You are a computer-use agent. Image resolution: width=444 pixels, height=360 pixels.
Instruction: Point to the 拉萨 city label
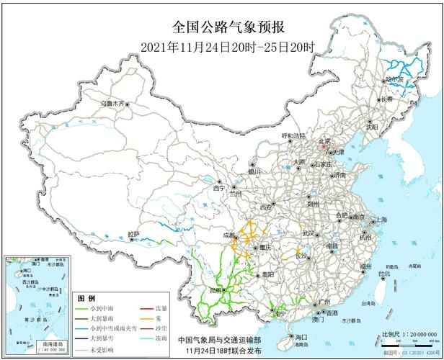pos(134,235)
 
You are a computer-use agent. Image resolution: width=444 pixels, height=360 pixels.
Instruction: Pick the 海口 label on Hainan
pos(301,338)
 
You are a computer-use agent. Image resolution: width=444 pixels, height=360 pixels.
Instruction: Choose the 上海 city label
pos(380,220)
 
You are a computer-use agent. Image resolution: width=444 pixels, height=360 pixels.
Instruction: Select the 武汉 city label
pos(308,233)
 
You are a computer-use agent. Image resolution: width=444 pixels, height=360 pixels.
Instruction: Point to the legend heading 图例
pos(86,297)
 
